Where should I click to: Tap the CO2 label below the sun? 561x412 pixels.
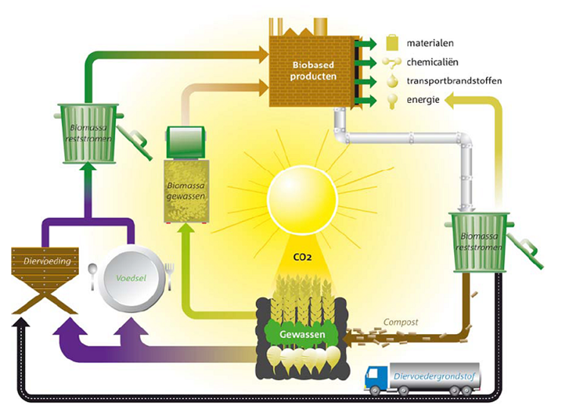(302, 257)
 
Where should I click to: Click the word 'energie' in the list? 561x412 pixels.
(424, 99)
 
